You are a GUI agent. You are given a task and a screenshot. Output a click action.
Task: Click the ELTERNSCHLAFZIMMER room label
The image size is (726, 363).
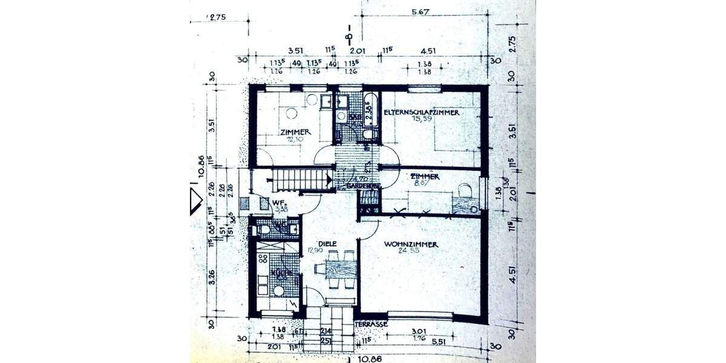(x=422, y=113)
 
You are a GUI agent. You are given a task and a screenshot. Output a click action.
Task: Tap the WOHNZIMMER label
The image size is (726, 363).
(x=411, y=244)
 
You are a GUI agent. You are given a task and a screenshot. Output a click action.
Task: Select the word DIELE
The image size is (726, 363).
(x=327, y=243)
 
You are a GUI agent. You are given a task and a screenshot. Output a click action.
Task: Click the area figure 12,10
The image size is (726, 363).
(x=295, y=139)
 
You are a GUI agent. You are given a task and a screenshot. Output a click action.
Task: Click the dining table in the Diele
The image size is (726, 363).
(x=341, y=269)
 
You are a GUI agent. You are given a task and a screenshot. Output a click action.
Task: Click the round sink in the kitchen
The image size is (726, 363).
(x=278, y=291)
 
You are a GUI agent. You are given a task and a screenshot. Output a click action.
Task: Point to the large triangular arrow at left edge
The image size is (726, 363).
(x=195, y=200)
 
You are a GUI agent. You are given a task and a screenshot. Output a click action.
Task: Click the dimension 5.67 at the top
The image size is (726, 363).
(x=420, y=11)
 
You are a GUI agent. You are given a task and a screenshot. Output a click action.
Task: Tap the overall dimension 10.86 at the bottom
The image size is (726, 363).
(x=371, y=358)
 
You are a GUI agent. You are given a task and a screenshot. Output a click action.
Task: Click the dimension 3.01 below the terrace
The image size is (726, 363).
(x=418, y=330)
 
